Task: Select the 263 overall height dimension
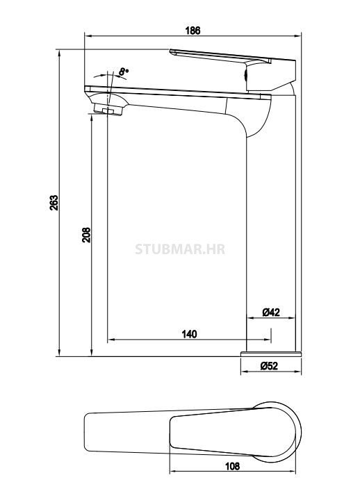tap(54, 202)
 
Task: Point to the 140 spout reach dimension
tap(189, 334)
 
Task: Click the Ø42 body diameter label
tap(271, 313)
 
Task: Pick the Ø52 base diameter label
tap(270, 365)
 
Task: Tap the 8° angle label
tap(123, 71)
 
